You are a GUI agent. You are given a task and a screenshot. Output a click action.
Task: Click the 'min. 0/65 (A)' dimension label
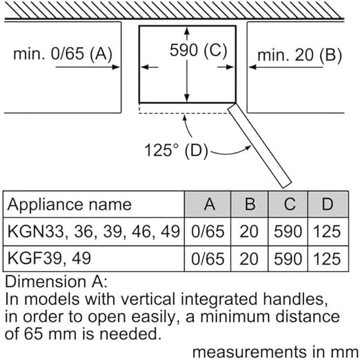(63, 54)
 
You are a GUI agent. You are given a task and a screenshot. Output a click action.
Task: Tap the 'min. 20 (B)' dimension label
(299, 55)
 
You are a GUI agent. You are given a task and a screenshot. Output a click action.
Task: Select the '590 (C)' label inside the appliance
(198, 50)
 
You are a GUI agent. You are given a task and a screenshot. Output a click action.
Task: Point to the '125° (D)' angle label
(176, 150)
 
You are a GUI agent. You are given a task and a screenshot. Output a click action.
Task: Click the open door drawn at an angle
(260, 146)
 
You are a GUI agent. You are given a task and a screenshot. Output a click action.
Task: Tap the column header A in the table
(210, 204)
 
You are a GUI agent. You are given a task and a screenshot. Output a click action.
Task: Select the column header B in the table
(250, 204)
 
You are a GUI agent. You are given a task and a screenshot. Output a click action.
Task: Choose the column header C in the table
(290, 204)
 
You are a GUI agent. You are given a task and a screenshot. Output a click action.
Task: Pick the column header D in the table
(328, 204)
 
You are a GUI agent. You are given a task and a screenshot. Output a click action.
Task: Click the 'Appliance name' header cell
(69, 204)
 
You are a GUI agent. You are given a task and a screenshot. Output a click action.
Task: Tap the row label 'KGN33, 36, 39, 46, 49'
(94, 232)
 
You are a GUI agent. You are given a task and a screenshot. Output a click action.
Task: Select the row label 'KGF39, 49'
(49, 259)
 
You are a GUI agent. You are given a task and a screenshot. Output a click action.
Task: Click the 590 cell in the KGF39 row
(288, 259)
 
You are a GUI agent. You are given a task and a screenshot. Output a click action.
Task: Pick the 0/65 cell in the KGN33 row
(208, 232)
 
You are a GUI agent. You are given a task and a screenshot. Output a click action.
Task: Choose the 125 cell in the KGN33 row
(327, 231)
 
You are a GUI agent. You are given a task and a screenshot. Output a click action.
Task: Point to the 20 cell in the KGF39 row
(249, 259)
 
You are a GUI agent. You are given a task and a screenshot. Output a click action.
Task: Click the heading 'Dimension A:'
(56, 281)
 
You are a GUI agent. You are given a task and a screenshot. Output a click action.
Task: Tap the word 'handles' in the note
(295, 299)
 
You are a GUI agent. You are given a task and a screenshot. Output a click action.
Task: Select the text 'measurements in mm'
(275, 352)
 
